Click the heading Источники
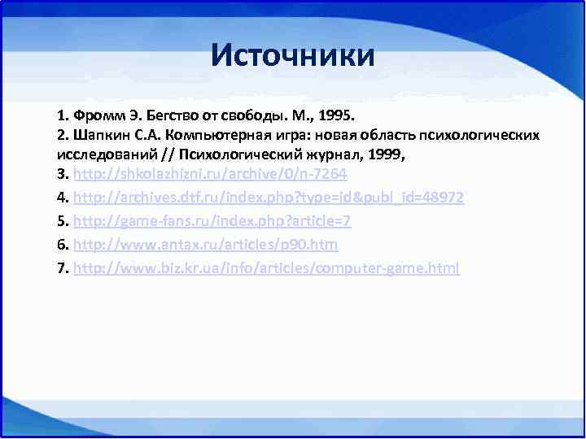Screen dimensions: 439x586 293,56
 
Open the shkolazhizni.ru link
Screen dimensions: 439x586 210,175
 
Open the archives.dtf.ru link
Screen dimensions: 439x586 269,198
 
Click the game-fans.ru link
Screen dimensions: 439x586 212,221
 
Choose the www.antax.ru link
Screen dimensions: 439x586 205,244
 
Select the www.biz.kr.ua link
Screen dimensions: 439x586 266,267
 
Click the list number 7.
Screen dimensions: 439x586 62,267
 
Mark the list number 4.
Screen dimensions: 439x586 62,198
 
